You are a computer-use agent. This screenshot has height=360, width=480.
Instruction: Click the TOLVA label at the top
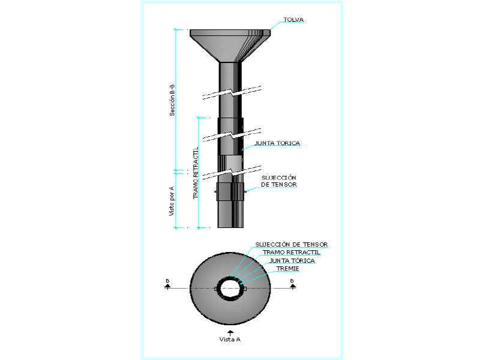pos(293,20)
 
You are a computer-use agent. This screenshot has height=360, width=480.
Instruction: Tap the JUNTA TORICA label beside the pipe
pos(277,143)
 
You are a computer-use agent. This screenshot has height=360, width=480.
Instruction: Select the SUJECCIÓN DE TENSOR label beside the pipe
pos(279,181)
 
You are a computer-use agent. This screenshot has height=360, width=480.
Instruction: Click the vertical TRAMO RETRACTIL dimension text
pos(196,173)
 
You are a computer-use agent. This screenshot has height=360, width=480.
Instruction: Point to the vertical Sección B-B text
pos(172,100)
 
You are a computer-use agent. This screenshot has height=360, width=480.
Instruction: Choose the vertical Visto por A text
pos(172,201)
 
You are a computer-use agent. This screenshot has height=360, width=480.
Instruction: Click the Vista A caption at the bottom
pos(230,339)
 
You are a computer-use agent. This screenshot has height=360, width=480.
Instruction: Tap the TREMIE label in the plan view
pos(288,268)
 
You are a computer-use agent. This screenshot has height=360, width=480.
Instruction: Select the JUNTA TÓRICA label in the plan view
pos(292,260)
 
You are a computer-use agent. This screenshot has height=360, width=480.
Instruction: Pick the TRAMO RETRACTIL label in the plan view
pos(292,252)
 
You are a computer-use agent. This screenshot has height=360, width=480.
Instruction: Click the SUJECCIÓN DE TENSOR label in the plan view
pos(292,244)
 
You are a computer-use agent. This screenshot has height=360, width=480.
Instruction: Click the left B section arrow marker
pos(167,284)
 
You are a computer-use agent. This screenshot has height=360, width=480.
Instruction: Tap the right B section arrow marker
pos(293,284)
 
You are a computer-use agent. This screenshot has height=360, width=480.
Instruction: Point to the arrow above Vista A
pos(230,333)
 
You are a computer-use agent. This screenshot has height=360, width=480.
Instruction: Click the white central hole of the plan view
pos(230,289)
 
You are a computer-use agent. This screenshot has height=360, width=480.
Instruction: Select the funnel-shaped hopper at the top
pos(230,46)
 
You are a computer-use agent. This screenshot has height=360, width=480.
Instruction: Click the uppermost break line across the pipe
pos(232,92)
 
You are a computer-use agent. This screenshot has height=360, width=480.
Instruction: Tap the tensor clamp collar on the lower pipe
pos(230,191)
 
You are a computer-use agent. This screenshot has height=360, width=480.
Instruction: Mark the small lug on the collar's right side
pos(245,192)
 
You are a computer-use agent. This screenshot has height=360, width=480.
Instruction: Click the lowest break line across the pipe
pos(232,173)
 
